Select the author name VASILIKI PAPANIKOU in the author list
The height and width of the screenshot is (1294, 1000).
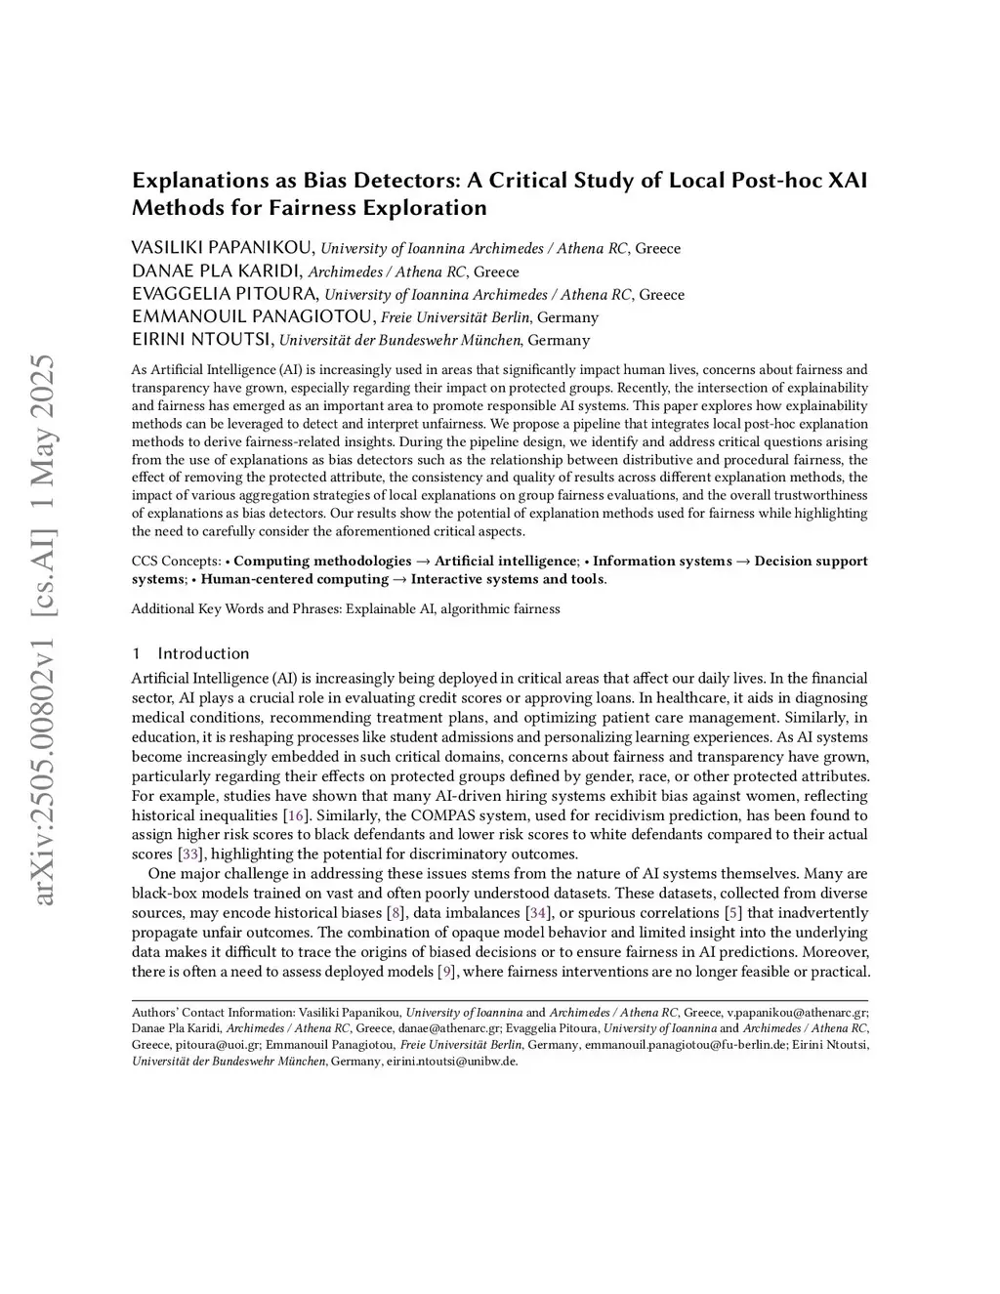223,248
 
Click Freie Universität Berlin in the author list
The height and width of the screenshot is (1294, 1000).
455,317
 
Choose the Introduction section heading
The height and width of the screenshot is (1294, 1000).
203,653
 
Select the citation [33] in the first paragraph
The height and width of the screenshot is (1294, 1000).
190,855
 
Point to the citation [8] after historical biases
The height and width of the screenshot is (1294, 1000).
396,913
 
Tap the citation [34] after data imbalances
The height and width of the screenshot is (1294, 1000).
537,913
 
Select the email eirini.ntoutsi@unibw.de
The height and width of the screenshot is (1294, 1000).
451,1062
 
